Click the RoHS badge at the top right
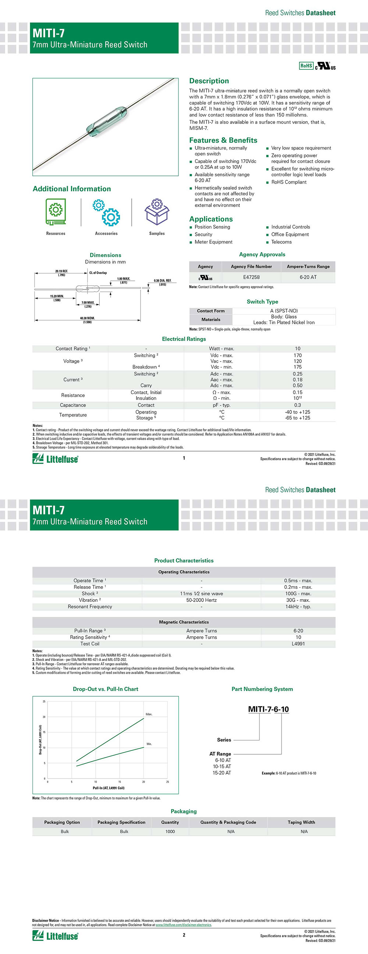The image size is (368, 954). (306, 66)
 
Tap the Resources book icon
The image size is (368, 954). (56, 212)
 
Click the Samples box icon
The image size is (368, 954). (157, 212)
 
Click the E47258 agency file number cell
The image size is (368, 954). (251, 277)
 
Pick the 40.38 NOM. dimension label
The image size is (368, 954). (87, 318)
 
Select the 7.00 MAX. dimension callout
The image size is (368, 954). (88, 303)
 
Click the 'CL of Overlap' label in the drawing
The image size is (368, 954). (98, 273)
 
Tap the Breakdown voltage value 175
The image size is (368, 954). (297, 367)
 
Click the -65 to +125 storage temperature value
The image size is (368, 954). (297, 418)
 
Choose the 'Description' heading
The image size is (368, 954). (209, 81)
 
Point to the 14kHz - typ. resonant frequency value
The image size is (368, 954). (298, 607)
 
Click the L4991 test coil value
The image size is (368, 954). (298, 644)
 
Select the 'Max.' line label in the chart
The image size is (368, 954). (149, 714)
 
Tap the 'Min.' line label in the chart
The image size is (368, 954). (149, 744)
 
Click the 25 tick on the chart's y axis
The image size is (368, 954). (44, 701)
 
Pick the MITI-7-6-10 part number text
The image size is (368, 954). (268, 709)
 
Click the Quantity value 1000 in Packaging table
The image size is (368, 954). (170, 831)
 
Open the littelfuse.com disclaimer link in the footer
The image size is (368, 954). (183, 925)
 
